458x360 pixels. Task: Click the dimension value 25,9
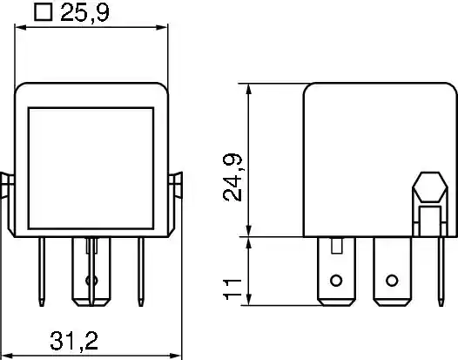[84, 13]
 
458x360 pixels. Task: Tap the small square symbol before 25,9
[44, 12]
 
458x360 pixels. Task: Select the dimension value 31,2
[74, 341]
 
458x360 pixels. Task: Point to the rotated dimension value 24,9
[232, 177]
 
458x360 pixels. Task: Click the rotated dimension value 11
[232, 289]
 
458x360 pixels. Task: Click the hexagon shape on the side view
[429, 187]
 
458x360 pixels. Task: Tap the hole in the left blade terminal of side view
[336, 281]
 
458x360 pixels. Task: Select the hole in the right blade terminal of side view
[392, 281]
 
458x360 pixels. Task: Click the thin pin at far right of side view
[441, 271]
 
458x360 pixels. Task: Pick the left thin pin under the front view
[42, 272]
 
